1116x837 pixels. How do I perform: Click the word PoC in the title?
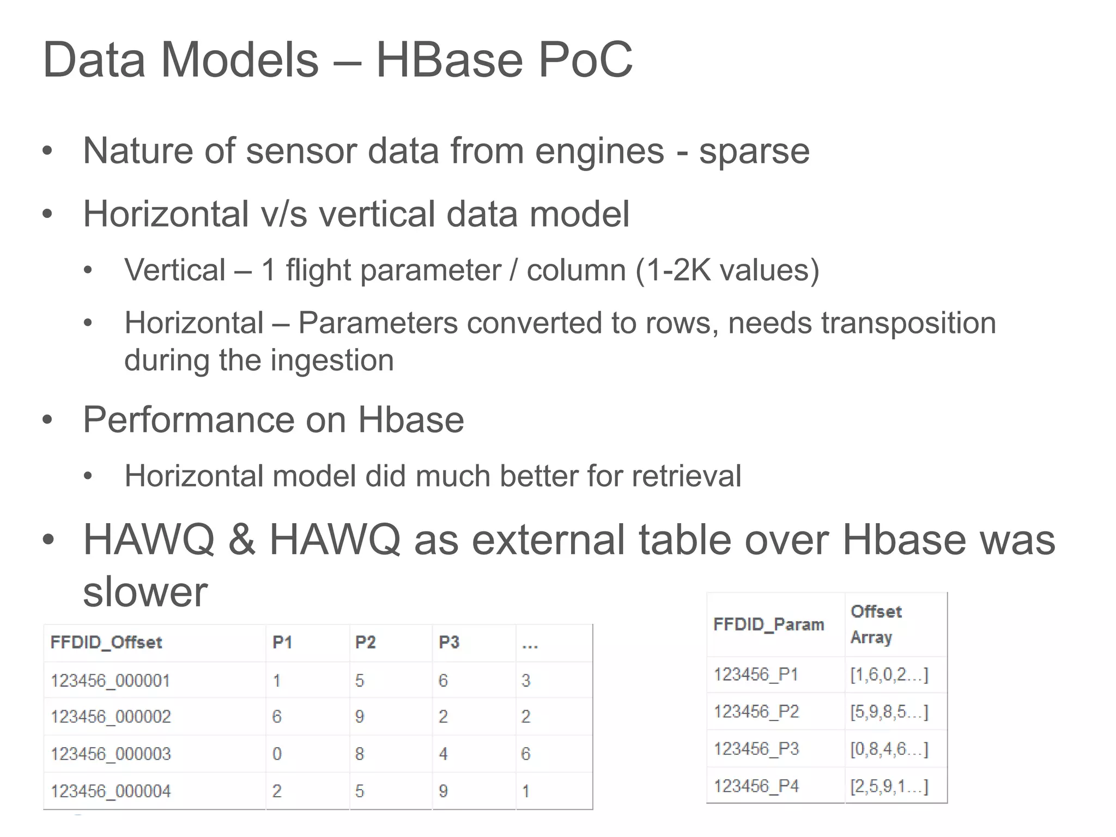pyautogui.click(x=585, y=60)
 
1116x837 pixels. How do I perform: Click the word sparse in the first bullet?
pyautogui.click(x=754, y=151)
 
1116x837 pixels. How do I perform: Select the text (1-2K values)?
pyautogui.click(x=727, y=270)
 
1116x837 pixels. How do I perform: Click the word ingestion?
pyautogui.click(x=332, y=360)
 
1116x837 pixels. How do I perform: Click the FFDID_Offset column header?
pyautogui.click(x=106, y=642)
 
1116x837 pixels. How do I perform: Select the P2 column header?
pyautogui.click(x=366, y=642)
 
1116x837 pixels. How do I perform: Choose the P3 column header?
pyautogui.click(x=449, y=642)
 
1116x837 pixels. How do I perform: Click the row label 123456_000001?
pyautogui.click(x=110, y=681)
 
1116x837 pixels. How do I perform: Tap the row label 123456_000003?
pyautogui.click(x=111, y=754)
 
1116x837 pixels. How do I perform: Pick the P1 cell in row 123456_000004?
pyautogui.click(x=277, y=791)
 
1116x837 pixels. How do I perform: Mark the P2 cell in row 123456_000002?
pyautogui.click(x=360, y=717)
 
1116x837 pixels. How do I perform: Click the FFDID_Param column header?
pyautogui.click(x=768, y=624)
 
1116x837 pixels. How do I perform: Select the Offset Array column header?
pyautogui.click(x=876, y=624)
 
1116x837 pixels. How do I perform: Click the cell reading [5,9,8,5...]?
pyautogui.click(x=889, y=712)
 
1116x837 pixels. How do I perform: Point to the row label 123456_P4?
pyautogui.click(x=756, y=786)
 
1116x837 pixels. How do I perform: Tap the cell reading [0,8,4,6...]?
pyautogui.click(x=889, y=749)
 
